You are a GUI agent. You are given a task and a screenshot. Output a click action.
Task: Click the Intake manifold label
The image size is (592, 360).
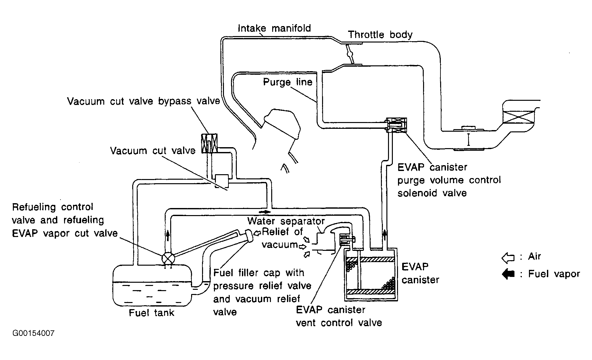(x=274, y=28)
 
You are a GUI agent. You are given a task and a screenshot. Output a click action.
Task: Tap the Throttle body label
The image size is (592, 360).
(x=380, y=34)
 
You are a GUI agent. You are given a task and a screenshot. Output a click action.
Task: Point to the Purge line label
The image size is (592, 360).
(x=288, y=82)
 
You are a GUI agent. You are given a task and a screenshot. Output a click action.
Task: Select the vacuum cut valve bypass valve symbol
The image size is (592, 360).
(x=209, y=143)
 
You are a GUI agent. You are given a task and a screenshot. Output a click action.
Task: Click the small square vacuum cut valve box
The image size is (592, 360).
(x=222, y=181)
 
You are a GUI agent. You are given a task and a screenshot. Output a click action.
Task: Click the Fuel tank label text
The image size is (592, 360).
(x=152, y=313)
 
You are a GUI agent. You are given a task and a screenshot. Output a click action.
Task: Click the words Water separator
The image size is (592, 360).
(x=286, y=221)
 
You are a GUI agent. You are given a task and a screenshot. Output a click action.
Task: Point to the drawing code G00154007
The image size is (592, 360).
(x=33, y=333)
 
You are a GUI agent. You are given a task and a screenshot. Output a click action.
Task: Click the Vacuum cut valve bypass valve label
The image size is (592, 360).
(x=143, y=101)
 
